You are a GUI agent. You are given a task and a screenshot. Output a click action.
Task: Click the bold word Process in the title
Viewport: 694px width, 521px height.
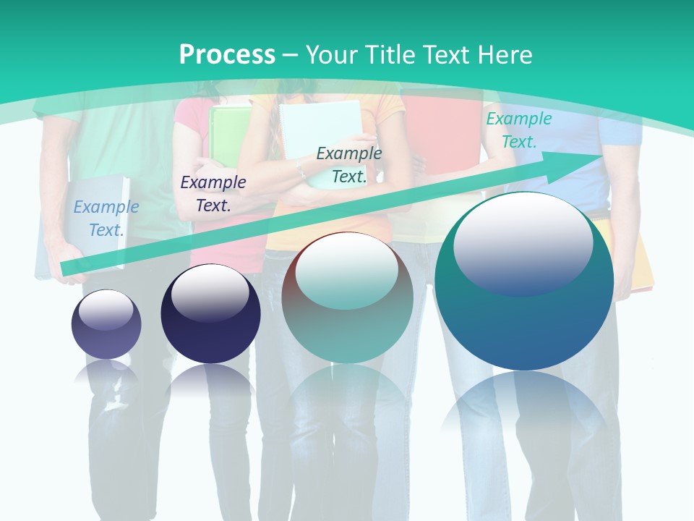tap(227, 54)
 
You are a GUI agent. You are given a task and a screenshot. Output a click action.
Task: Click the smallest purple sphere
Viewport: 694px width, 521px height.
tap(106, 324)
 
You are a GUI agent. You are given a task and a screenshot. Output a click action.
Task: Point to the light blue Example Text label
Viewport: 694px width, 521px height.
tap(106, 218)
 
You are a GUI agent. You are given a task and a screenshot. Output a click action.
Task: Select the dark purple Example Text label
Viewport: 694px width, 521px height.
tap(213, 193)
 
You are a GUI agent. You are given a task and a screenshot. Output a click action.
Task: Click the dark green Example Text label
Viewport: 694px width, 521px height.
tap(349, 164)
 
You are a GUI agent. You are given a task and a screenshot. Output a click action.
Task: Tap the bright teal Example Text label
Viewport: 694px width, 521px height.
tap(518, 130)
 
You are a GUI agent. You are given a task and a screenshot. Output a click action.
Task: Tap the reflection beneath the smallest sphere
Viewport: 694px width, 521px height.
tap(106, 373)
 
